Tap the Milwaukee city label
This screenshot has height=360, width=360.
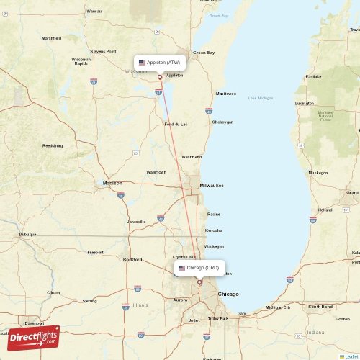(212, 185)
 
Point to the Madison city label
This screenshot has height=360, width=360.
(112, 183)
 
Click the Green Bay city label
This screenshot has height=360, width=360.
(204, 53)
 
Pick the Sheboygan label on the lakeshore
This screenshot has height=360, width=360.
(222, 122)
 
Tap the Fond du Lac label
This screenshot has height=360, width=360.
(176, 124)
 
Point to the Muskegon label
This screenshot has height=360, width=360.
(318, 173)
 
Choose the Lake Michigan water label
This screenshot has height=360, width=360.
(261, 98)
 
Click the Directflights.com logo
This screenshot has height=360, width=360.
(33, 337)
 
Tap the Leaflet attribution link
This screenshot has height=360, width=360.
(350, 356)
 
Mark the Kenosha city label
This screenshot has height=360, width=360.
(214, 230)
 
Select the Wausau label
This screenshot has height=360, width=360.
(94, 12)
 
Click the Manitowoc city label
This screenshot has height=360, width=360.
(225, 94)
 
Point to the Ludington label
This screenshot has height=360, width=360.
(305, 103)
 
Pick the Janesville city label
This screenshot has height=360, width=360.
(137, 221)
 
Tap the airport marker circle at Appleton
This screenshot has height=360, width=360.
(160, 77)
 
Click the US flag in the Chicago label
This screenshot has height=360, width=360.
(181, 268)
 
